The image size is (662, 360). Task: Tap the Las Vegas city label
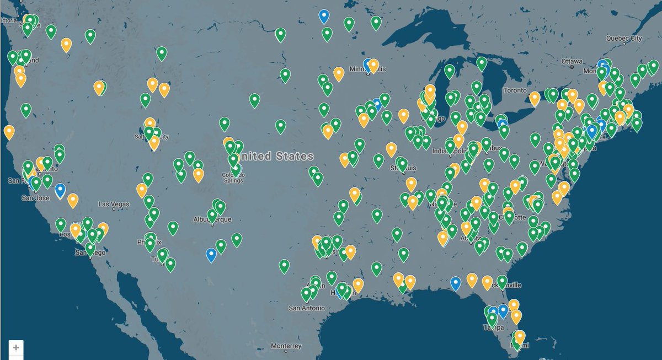[x=114, y=204]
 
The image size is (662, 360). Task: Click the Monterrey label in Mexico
[x=286, y=346]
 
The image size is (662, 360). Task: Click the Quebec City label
[x=624, y=38]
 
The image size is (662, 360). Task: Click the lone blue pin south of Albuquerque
[x=211, y=254]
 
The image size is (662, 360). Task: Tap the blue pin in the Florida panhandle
[x=455, y=283]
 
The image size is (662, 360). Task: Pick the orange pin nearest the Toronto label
[x=534, y=98]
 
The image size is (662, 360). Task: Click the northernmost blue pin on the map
[x=324, y=16]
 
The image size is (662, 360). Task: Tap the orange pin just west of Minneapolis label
[x=339, y=74]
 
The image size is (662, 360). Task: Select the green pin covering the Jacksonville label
[x=501, y=282]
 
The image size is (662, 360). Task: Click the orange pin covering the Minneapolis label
[x=373, y=66]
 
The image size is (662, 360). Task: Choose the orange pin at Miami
[x=519, y=337]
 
